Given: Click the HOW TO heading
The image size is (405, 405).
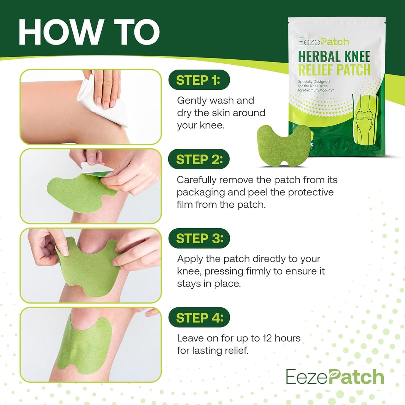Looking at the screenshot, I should [89, 32].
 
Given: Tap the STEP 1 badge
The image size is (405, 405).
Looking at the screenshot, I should [198, 80].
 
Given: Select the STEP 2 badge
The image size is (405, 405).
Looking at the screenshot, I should [199, 159].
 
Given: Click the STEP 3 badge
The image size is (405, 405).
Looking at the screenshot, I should [199, 239].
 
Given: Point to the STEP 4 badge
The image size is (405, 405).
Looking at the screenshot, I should [199, 318].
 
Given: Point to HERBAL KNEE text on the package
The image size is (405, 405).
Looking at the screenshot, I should [334, 57].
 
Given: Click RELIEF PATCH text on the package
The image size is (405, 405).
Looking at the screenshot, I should [334, 70].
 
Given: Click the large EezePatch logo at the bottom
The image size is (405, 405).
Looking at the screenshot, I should [335, 377].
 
